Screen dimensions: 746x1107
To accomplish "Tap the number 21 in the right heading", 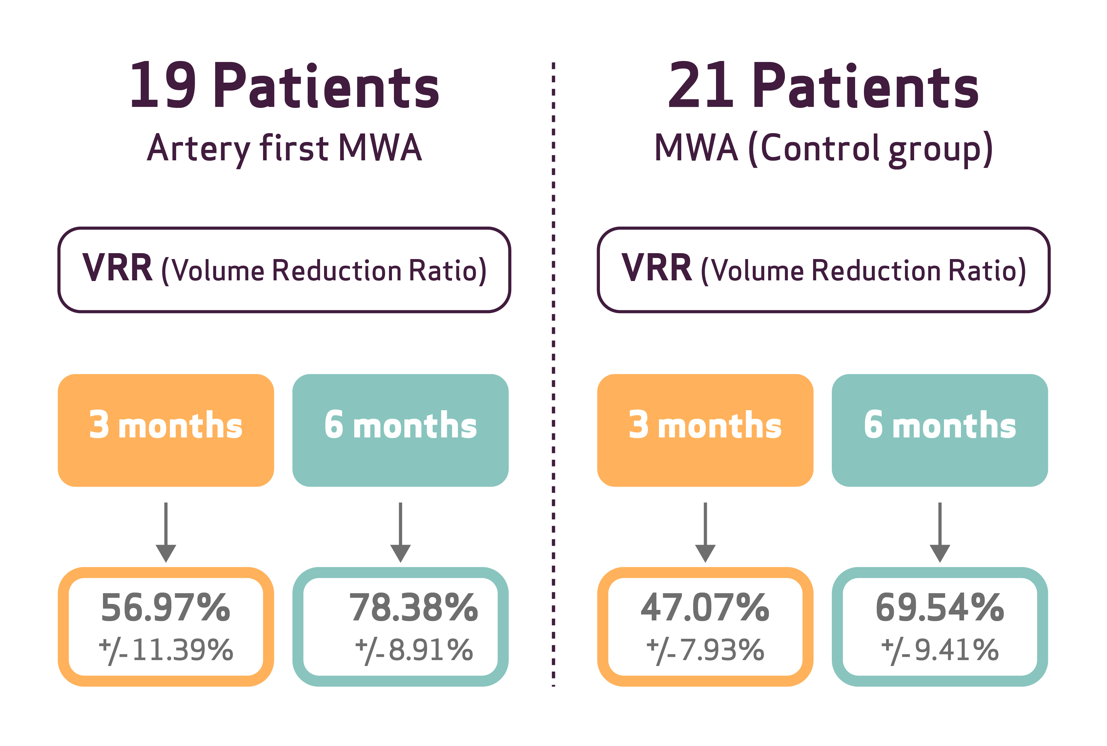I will [x=701, y=86].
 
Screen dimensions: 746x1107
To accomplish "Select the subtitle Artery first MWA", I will [x=284, y=148].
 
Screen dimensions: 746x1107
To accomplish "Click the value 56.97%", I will [x=166, y=608].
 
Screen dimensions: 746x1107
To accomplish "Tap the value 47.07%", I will [x=705, y=608].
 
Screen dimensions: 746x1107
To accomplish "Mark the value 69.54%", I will [x=939, y=608].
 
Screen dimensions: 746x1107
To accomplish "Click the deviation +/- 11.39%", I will [x=166, y=650].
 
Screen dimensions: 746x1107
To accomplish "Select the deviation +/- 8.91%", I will [x=414, y=650].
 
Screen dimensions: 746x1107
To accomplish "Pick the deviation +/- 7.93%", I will [x=705, y=650].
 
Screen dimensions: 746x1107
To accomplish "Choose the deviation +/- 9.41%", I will [x=939, y=650].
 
